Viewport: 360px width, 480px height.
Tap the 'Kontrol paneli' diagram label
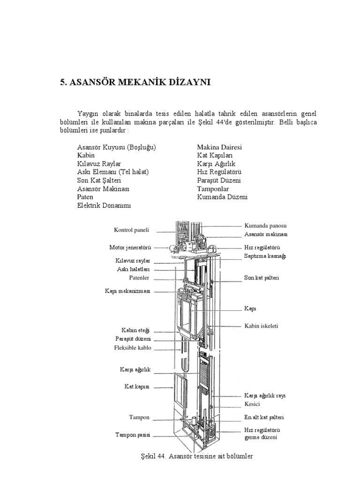coord(131,230)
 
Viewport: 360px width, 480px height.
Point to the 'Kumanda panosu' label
coord(265,225)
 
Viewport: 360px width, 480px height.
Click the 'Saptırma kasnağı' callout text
coord(265,256)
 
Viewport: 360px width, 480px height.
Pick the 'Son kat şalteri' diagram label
coord(262,278)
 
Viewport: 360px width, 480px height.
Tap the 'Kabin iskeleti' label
coord(261,326)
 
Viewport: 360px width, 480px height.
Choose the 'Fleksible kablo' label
coord(133,348)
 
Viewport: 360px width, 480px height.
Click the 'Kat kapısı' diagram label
coord(137,387)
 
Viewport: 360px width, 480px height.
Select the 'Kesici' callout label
coord(252,404)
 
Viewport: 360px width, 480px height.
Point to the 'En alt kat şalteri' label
coord(264,417)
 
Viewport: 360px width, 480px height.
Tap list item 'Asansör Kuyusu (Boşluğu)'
coord(116,147)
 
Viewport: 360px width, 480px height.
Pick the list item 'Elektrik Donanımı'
coord(104,205)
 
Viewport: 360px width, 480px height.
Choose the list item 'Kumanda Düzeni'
coord(222,197)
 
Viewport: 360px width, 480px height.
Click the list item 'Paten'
coord(85,197)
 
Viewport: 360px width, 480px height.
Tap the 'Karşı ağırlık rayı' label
coord(265,396)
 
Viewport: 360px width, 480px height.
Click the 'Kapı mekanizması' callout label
coord(127,291)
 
